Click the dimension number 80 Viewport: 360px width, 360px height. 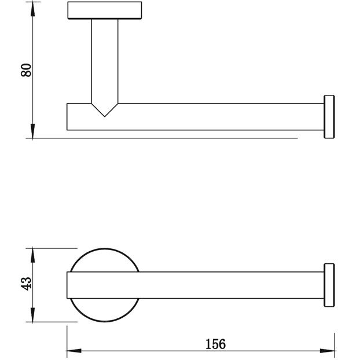26,70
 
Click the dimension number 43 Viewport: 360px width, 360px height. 26,284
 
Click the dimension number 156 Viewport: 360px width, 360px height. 215,344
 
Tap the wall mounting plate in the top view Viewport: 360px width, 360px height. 105,10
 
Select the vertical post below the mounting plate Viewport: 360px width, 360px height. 105,61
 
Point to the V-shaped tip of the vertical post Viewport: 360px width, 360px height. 105,116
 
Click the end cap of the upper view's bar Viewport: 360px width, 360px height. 329,117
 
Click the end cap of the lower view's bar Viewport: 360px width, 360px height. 329,285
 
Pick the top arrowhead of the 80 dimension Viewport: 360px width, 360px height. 33,9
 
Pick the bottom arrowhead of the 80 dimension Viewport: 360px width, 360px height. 33,131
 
